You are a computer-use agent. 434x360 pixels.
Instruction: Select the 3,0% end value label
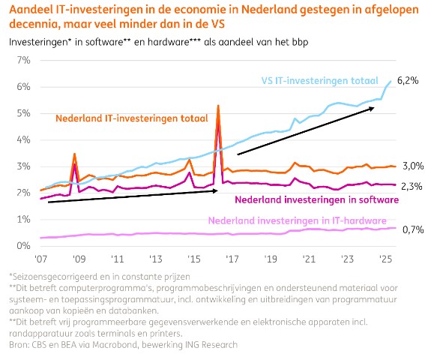click(x=413, y=166)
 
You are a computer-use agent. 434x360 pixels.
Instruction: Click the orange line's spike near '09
click(x=74, y=154)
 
